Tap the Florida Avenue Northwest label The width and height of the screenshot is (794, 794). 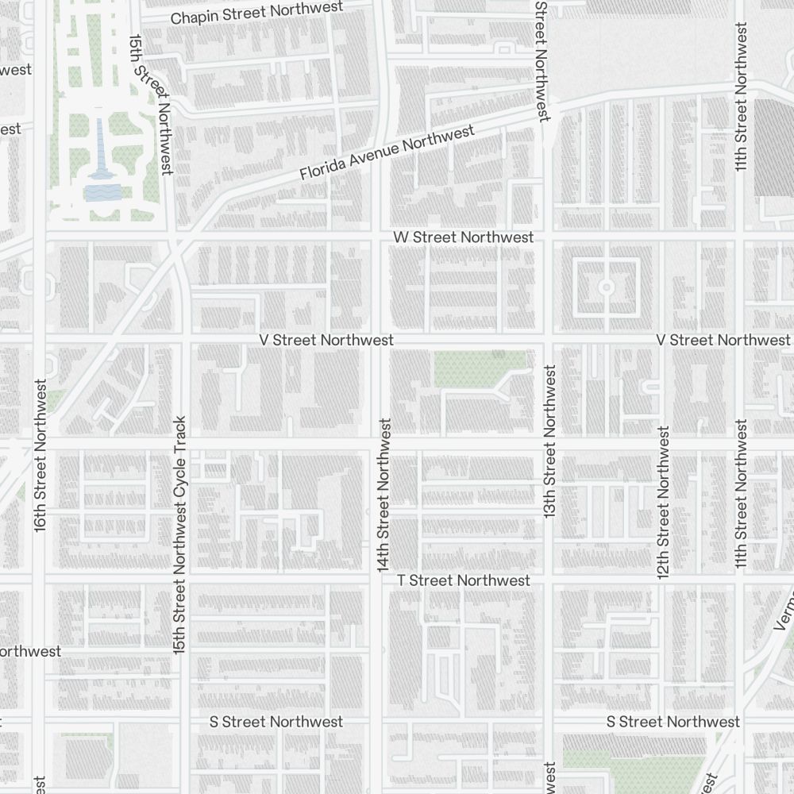(387, 152)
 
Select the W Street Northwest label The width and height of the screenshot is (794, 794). (464, 237)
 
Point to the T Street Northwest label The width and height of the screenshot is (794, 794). (464, 580)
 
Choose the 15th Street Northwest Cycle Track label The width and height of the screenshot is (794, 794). (179, 534)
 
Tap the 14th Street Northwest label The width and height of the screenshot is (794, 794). (384, 495)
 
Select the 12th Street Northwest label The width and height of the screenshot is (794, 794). (664, 502)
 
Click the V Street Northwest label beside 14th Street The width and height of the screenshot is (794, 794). (326, 340)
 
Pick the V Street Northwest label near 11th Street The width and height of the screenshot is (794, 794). (723, 340)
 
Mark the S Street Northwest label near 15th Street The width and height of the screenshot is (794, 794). (276, 722)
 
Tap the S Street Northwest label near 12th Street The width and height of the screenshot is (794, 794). (673, 722)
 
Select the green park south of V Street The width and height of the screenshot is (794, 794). (479, 366)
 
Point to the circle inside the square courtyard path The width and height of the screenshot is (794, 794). (607, 287)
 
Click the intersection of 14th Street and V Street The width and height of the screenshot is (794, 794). (379, 340)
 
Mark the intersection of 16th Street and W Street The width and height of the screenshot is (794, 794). (39, 237)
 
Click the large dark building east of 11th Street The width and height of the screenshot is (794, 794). (774, 147)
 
